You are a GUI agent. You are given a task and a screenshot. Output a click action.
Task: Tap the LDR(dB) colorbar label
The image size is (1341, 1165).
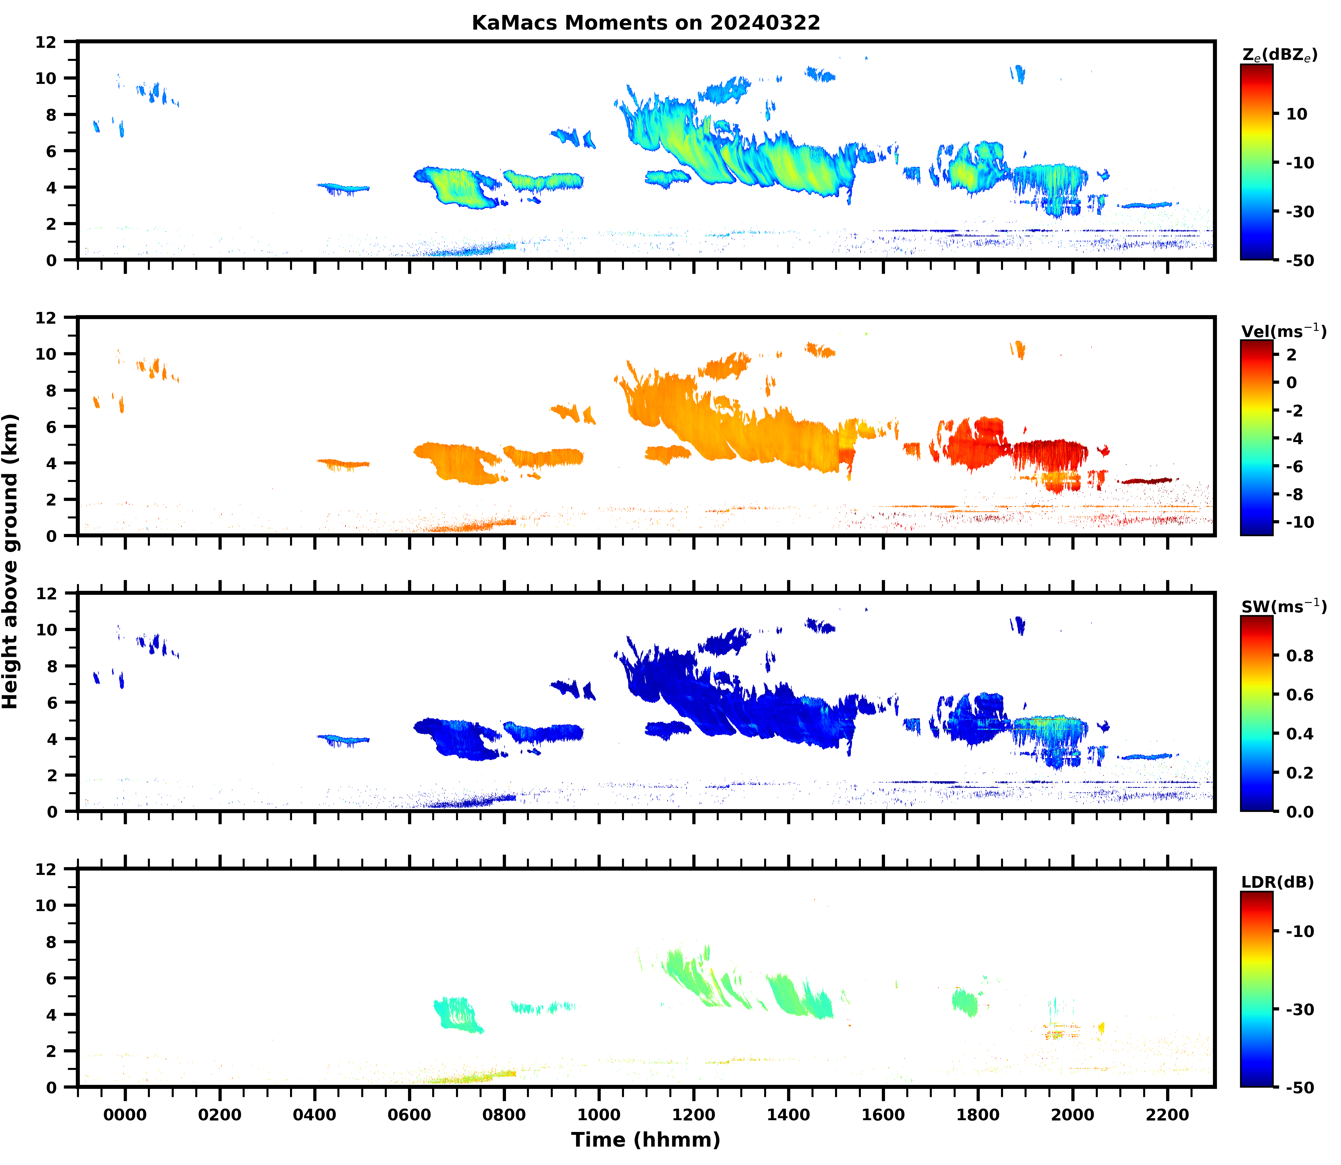coord(1277,882)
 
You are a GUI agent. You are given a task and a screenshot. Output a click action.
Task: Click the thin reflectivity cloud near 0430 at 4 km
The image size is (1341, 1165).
coord(343,188)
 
